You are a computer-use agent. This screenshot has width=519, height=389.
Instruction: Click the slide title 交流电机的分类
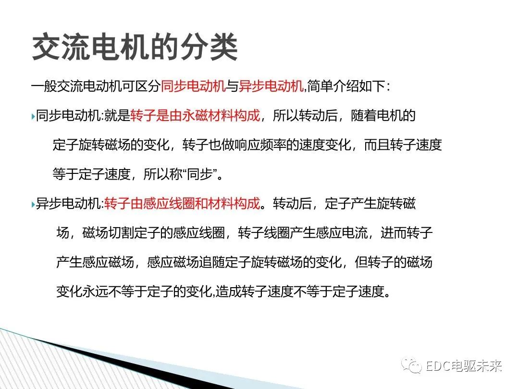pyautogui.click(x=135, y=48)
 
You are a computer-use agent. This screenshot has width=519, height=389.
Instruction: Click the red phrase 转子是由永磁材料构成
pyautogui.click(x=195, y=116)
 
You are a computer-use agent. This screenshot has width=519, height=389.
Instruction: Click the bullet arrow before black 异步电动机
pyautogui.click(x=33, y=204)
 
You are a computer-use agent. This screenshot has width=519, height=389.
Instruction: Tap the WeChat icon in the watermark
pyautogui.click(x=413, y=366)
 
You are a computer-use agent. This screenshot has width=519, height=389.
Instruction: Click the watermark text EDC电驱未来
pyautogui.click(x=464, y=366)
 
